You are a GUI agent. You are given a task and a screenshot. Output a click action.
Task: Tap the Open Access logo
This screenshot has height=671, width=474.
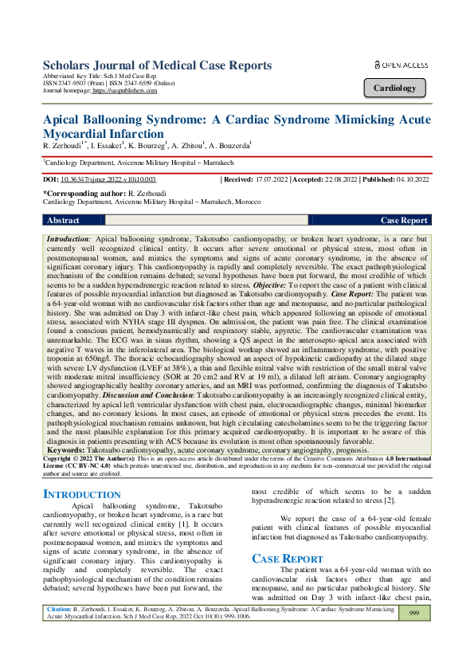tap(401, 65)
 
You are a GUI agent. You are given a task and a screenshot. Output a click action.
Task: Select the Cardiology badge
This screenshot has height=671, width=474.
tap(394, 88)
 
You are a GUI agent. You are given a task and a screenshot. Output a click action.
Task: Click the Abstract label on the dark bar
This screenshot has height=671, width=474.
tap(64, 220)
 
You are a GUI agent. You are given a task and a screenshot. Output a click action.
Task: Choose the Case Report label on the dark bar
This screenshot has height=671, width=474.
tap(404, 220)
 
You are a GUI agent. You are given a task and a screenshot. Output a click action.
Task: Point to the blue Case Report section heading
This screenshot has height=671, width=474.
tap(288, 558)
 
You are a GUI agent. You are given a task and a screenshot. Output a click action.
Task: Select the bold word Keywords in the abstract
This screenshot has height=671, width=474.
tap(66, 449)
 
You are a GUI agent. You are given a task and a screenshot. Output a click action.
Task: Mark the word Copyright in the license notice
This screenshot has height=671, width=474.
tap(59, 459)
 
